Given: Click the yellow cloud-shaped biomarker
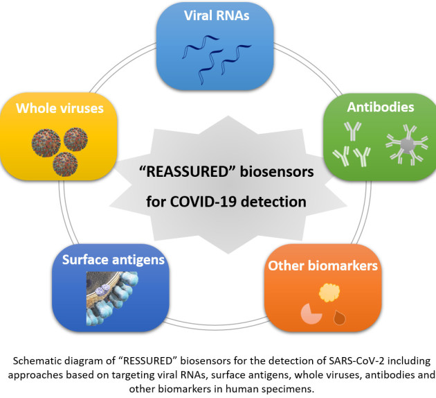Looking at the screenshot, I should [x=327, y=289].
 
